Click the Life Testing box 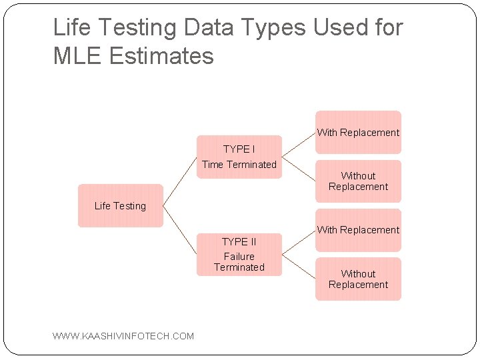tap(120, 205)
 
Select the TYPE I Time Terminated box tap(239, 157)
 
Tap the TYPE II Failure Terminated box tap(239, 255)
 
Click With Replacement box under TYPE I tap(358, 132)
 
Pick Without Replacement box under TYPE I tap(358, 181)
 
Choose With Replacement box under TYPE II tap(358, 230)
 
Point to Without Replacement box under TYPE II tap(358, 279)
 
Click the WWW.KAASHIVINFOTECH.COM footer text tap(123, 336)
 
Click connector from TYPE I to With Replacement tap(299, 145)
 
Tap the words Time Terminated tap(239, 165)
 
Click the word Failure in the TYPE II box tap(239, 256)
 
